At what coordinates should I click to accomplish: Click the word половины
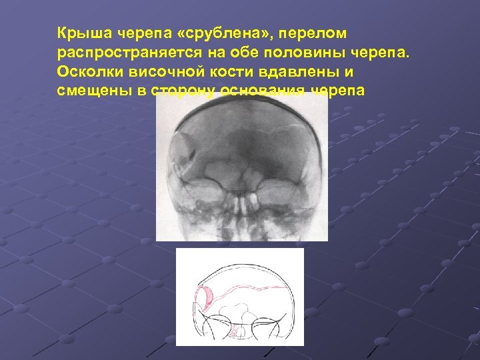(x=296, y=52)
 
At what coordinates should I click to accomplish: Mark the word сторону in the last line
(x=183, y=91)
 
